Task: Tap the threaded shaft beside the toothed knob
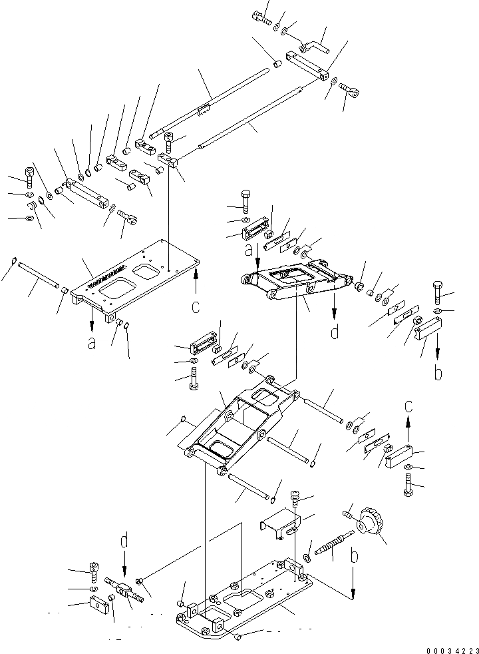(332, 543)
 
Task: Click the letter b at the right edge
(438, 372)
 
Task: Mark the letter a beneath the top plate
(91, 343)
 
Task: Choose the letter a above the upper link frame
(249, 250)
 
